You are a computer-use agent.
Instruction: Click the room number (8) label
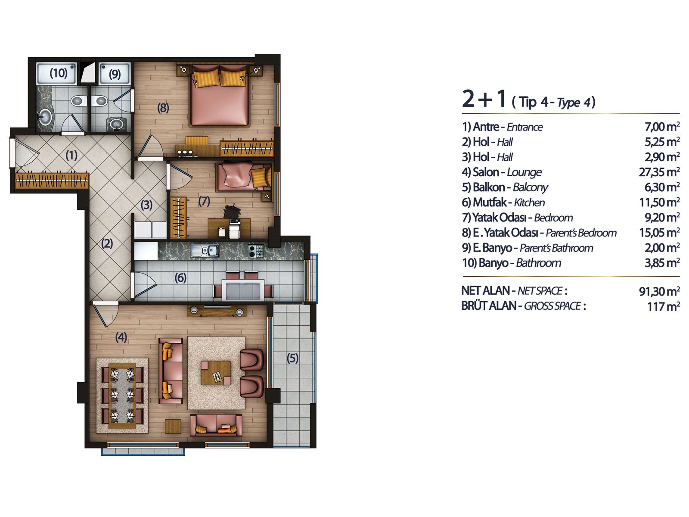click(x=163, y=108)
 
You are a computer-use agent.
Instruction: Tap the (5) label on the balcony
click(x=292, y=358)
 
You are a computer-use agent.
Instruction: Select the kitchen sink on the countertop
click(x=205, y=250)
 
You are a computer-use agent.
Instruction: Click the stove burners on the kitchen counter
click(x=255, y=251)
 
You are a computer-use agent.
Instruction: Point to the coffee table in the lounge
click(x=216, y=373)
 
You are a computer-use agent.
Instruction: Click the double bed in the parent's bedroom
click(x=220, y=95)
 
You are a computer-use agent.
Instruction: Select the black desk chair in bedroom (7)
click(x=231, y=211)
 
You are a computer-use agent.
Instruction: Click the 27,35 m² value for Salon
click(x=659, y=172)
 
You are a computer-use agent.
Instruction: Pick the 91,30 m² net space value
click(x=659, y=291)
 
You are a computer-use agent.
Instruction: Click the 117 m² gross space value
click(x=663, y=306)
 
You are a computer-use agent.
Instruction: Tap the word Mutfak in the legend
click(x=490, y=202)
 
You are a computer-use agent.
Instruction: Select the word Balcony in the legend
click(x=531, y=187)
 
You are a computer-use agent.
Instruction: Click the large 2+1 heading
click(x=484, y=99)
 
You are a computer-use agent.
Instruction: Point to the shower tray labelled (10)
click(x=56, y=73)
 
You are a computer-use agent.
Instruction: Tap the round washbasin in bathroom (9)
click(x=116, y=123)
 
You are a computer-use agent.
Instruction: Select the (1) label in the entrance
click(x=71, y=155)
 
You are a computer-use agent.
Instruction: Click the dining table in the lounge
click(x=122, y=396)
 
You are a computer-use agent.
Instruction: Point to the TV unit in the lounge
click(x=217, y=310)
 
